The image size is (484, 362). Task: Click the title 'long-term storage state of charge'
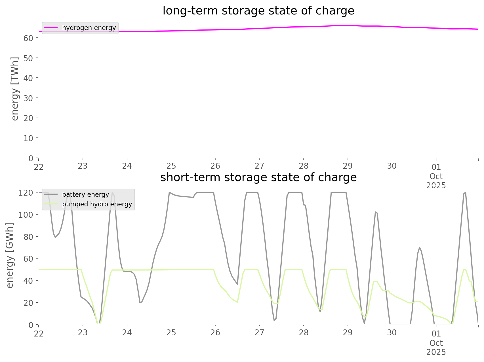[x=258, y=11]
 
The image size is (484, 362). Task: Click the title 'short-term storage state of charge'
[x=258, y=177]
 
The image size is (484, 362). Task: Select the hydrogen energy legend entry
[x=89, y=28]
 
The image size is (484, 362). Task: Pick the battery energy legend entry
[x=85, y=194]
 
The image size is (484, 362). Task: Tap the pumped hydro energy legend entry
[x=97, y=204]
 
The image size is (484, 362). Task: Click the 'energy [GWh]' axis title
[x=10, y=255]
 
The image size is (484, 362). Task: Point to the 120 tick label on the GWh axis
[x=26, y=193]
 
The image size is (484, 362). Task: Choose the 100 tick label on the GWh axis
[x=26, y=215]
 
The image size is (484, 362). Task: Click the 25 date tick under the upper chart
[x=171, y=166]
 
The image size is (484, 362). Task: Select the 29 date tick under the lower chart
[x=348, y=333]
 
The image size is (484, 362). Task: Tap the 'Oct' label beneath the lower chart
[x=436, y=343]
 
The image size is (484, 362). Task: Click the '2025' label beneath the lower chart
[x=436, y=352]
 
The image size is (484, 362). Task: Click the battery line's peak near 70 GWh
[x=419, y=247]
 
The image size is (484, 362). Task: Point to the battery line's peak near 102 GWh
[x=375, y=212]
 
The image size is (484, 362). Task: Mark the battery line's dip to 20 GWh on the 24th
[x=140, y=302]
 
